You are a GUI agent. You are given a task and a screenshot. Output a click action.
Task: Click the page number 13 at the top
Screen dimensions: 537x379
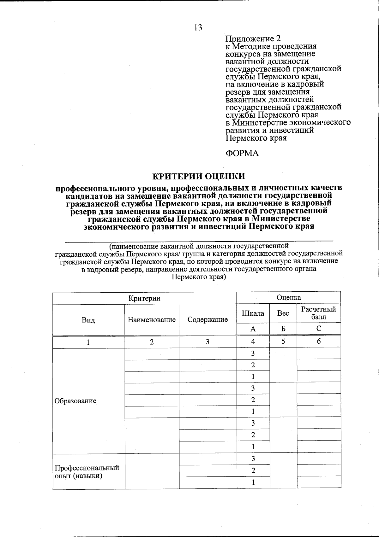click(198, 27)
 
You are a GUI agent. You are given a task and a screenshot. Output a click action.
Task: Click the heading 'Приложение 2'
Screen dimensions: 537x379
click(253, 39)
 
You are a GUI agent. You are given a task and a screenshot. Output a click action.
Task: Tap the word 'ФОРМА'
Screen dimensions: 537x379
click(242, 154)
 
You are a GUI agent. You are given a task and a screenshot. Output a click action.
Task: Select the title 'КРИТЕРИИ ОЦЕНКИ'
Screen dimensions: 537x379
click(199, 176)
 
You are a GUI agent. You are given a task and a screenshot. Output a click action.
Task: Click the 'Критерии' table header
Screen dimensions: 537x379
click(144, 298)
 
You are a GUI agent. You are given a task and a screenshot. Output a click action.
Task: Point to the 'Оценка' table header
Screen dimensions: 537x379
click(288, 297)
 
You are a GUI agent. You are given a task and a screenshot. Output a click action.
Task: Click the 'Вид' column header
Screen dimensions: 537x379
click(88, 320)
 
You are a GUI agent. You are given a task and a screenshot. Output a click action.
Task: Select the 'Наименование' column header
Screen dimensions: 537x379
click(152, 320)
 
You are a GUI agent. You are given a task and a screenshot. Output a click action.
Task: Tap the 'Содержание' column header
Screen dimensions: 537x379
click(208, 319)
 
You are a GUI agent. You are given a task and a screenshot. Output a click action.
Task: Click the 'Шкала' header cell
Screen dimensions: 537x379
click(253, 313)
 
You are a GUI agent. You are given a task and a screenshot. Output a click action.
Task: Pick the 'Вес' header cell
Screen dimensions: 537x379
click(283, 313)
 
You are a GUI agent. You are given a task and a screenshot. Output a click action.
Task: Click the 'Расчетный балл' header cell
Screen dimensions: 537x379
click(319, 313)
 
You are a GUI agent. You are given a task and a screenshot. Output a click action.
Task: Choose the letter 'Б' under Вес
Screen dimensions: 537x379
click(283, 329)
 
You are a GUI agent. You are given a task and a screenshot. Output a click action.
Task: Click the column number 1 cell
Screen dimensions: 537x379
click(88, 342)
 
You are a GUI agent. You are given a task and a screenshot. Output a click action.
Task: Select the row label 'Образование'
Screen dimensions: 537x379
click(75, 401)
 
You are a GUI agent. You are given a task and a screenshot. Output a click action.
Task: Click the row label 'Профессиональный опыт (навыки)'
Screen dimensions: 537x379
click(87, 472)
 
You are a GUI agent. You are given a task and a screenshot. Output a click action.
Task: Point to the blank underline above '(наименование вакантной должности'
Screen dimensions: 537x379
click(199, 241)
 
